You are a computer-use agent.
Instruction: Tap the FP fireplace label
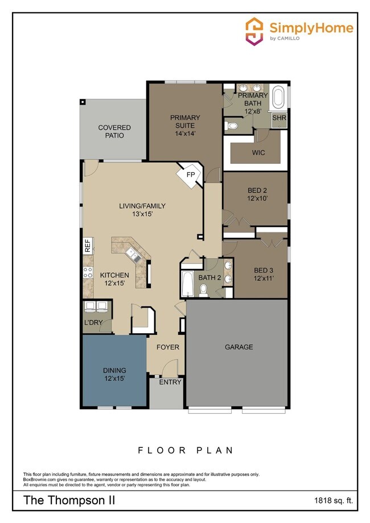pos(191,175)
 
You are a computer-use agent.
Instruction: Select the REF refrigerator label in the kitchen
pos(88,246)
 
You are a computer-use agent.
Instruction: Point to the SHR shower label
pos(279,118)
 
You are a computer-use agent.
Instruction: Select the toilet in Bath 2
pos(203,290)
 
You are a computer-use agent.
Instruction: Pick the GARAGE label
pos(239,347)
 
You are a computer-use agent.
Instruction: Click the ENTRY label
pos(170,382)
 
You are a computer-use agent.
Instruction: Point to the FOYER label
pos(168,347)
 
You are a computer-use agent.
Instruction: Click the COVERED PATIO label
pos(114,132)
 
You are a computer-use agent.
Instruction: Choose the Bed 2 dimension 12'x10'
pos(257,199)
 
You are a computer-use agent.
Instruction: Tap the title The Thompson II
pos(69,501)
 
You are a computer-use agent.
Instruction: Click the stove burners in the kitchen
pos(88,272)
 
